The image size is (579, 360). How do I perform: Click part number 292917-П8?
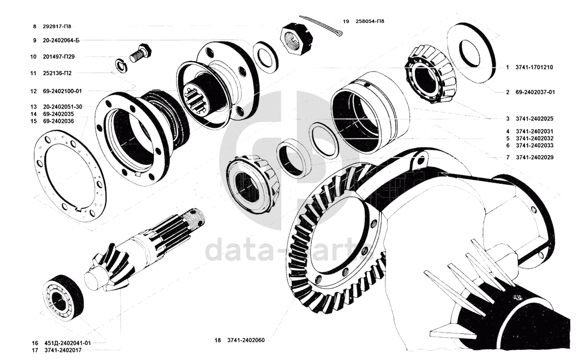point(57,27)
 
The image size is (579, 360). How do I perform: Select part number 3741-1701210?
point(534,67)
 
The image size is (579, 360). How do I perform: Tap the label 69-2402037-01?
point(535,92)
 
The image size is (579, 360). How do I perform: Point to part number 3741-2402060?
point(246,340)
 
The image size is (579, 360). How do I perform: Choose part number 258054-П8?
point(370,21)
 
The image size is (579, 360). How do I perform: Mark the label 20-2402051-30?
point(62,106)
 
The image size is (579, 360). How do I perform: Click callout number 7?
point(508,158)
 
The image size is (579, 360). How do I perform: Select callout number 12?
point(34,91)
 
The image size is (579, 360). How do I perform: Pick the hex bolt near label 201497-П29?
point(141,53)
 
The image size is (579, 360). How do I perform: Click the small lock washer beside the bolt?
point(120,64)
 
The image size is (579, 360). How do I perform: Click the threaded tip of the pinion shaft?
point(195,218)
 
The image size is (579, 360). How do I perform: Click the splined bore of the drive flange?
point(195,98)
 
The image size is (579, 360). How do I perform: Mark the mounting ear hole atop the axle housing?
point(419,160)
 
